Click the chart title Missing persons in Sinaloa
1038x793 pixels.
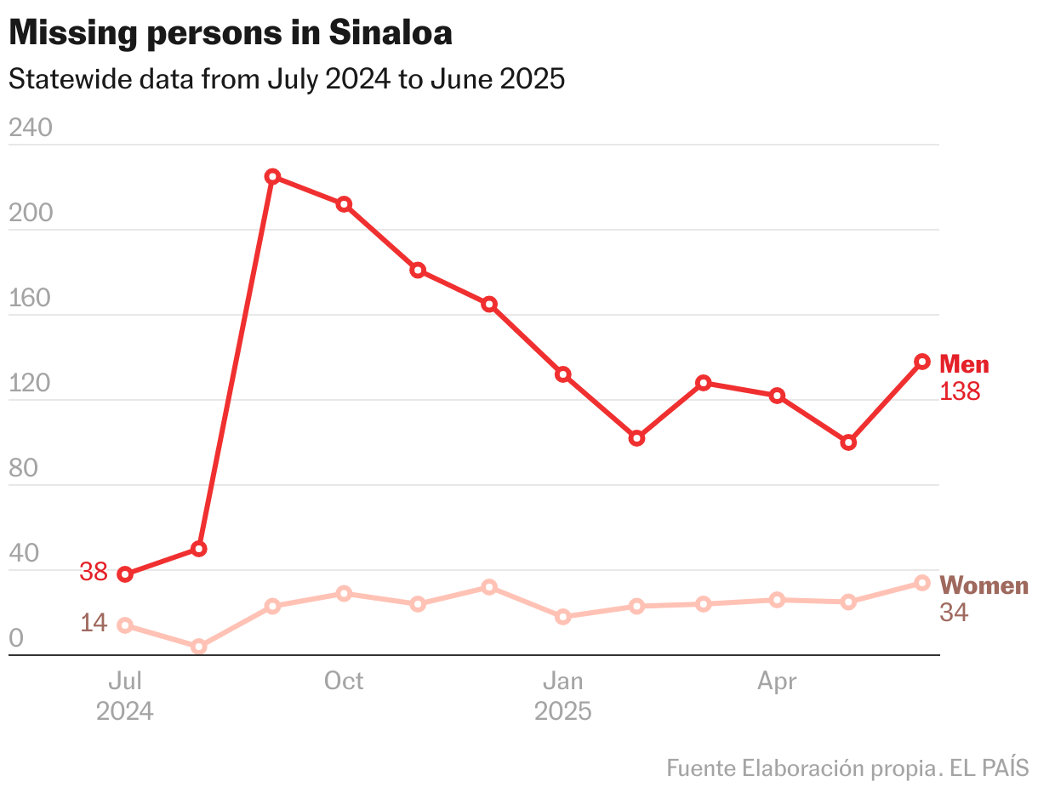pyautogui.click(x=230, y=33)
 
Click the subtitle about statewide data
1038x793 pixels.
pyautogui.click(x=286, y=79)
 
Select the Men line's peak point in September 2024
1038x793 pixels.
pyautogui.click(x=272, y=176)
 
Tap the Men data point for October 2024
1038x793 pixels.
pyautogui.click(x=344, y=204)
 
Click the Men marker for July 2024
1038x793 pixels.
pyautogui.click(x=125, y=574)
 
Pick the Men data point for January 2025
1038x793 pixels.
pyautogui.click(x=562, y=374)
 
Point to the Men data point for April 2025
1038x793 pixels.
pyautogui.click(x=777, y=396)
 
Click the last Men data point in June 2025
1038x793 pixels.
pyautogui.click(x=922, y=362)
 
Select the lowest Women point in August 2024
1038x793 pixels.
pyautogui.click(x=199, y=647)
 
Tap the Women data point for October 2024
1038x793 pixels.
pyautogui.click(x=344, y=593)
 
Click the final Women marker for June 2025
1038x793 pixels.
pyautogui.click(x=922, y=583)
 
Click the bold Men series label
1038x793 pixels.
pyautogui.click(x=964, y=364)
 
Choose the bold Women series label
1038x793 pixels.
pyautogui.click(x=984, y=585)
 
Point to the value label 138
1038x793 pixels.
pyautogui.click(x=960, y=391)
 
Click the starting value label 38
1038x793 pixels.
pyautogui.click(x=94, y=572)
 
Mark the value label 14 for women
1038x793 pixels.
pyautogui.click(x=94, y=623)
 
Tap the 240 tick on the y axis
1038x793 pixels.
pyautogui.click(x=30, y=128)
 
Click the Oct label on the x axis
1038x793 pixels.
pyautogui.click(x=344, y=681)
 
